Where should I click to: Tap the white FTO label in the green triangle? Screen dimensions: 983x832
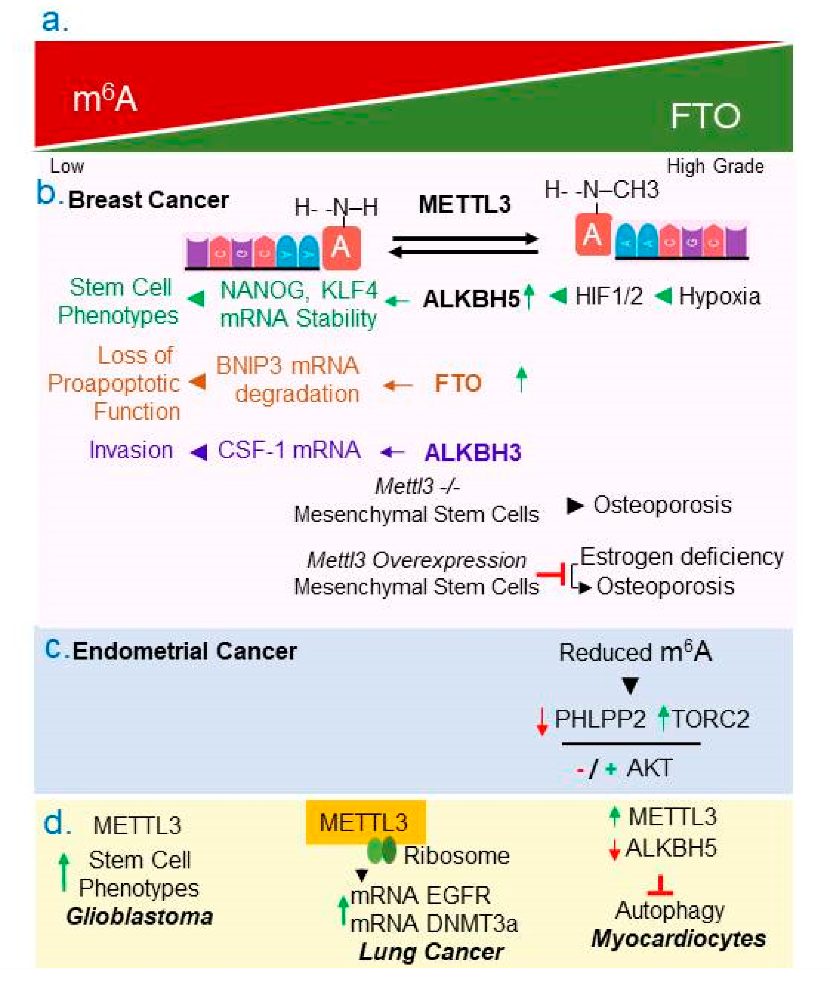click(x=705, y=116)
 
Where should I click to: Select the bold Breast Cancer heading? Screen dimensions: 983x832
click(x=149, y=200)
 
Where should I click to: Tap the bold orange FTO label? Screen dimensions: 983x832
click(x=457, y=383)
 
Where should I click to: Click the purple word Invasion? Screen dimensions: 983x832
click(x=131, y=450)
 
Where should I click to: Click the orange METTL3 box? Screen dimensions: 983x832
click(x=366, y=822)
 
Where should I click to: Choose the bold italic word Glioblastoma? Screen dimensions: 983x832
click(x=140, y=916)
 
